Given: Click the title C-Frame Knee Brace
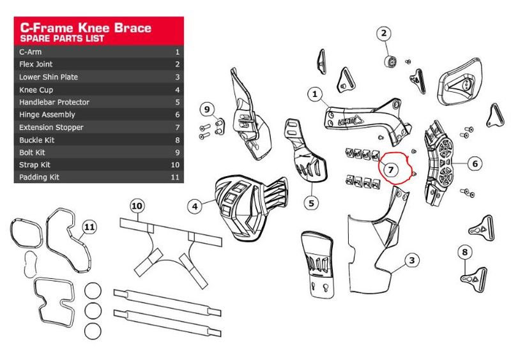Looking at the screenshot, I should click(x=86, y=27).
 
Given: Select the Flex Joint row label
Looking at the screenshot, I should click(x=36, y=64).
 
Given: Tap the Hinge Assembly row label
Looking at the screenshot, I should click(x=47, y=115).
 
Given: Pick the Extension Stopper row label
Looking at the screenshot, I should click(x=51, y=127).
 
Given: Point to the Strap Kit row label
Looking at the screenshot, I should click(x=34, y=165).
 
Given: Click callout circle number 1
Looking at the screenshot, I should click(x=314, y=94).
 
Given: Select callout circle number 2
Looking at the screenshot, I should click(x=384, y=34).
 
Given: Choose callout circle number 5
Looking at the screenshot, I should click(x=311, y=203).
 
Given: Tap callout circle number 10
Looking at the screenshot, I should click(x=136, y=206).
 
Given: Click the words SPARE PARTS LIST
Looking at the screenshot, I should click(x=63, y=39).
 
